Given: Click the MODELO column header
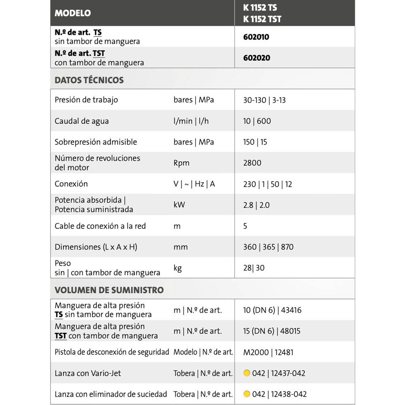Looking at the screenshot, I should (x=73, y=13).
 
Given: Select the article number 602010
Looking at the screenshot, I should (x=256, y=37).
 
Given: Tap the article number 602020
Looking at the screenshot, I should (x=256, y=58).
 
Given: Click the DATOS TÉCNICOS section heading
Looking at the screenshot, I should (x=89, y=80).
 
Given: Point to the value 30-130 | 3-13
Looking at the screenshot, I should (x=264, y=100).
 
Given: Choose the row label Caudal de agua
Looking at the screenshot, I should (x=82, y=121).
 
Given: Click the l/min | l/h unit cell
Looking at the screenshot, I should (x=191, y=121).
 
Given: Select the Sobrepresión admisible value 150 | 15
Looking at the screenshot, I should (x=255, y=142).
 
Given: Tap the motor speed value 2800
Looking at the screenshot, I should (x=252, y=163).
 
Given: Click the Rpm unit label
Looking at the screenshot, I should (x=181, y=163).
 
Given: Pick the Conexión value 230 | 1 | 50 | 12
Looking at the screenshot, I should (x=267, y=184).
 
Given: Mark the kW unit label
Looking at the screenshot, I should (x=179, y=205).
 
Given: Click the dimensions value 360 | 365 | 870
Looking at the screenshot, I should (x=268, y=247).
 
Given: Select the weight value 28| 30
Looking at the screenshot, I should (x=254, y=268).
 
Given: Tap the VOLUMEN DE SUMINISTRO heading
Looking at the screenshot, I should (x=109, y=290).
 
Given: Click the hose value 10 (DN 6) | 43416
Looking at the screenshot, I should (x=272, y=310).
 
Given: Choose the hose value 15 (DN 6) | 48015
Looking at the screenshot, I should (x=272, y=331).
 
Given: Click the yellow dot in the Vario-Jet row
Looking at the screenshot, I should (x=247, y=373).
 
